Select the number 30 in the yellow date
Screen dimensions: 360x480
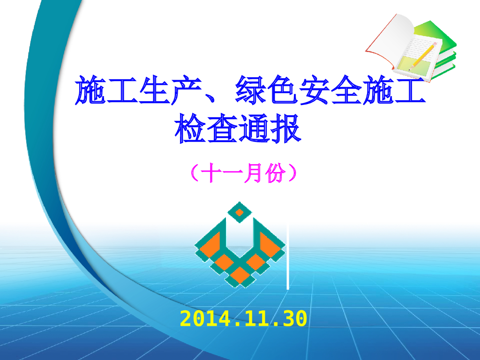click(x=295, y=319)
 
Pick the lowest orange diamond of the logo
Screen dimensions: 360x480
click(x=240, y=275)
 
